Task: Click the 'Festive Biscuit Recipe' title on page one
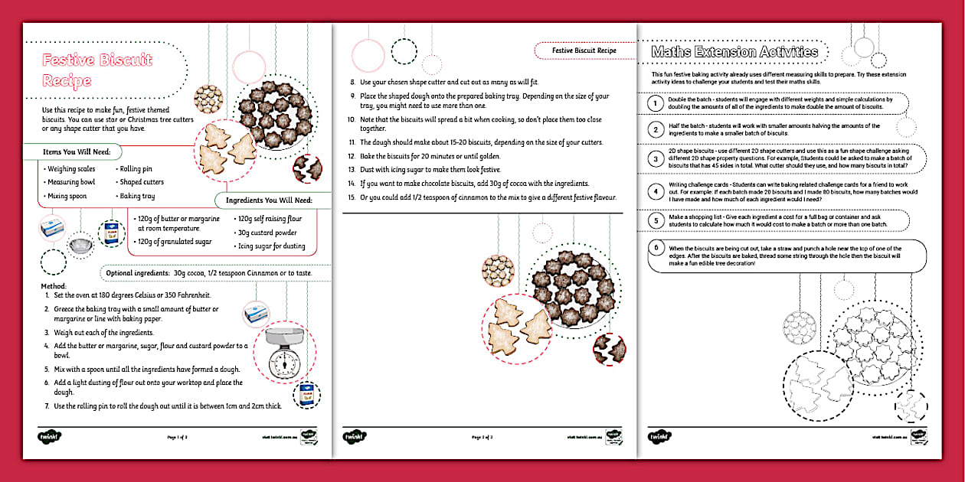click(x=97, y=70)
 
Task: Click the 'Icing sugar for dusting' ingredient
click(x=272, y=246)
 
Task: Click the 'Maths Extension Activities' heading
click(x=734, y=52)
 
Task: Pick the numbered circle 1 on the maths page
click(x=655, y=103)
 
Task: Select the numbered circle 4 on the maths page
click(x=655, y=191)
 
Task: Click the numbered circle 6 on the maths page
click(x=655, y=247)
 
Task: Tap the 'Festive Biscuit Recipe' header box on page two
click(x=584, y=50)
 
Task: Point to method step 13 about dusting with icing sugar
click(x=430, y=170)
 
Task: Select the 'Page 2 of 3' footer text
click(x=482, y=438)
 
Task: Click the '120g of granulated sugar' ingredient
click(x=175, y=241)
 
